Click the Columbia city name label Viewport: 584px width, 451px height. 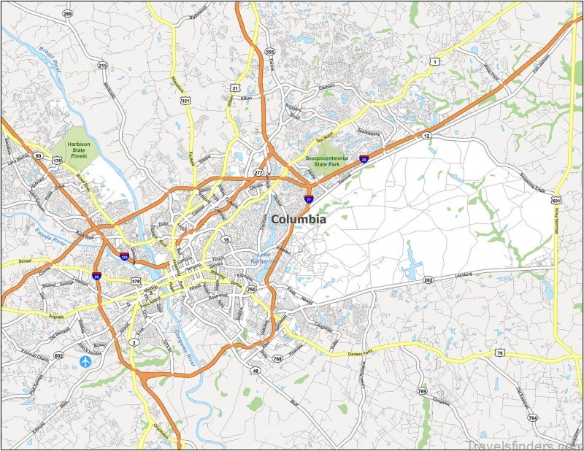click(298, 218)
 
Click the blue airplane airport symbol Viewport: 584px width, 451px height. click(87, 361)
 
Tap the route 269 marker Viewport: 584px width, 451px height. click(68, 14)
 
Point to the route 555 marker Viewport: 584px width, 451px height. click(269, 52)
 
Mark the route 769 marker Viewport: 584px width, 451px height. click(422, 391)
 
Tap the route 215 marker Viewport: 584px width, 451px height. click(102, 66)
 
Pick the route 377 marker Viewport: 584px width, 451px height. click(258, 173)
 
